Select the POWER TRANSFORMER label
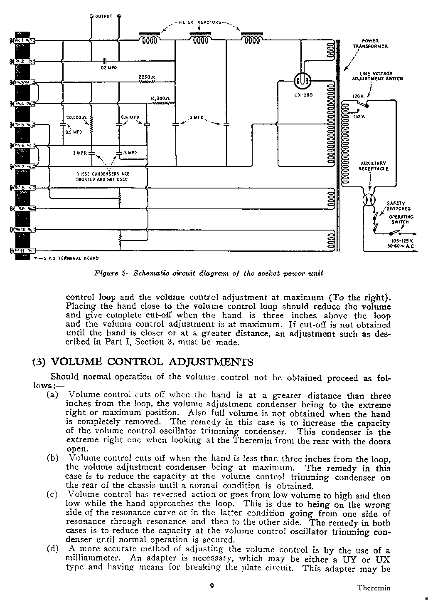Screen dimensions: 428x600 371,43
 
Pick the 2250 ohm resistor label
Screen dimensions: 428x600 147,77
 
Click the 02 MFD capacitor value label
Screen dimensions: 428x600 108,68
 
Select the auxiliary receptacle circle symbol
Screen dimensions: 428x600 369,200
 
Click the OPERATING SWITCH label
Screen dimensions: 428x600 400,219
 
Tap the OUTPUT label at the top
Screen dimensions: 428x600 103,16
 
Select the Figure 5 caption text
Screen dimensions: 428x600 208,273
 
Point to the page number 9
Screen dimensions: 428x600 212,586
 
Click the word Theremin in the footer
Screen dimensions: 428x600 374,588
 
